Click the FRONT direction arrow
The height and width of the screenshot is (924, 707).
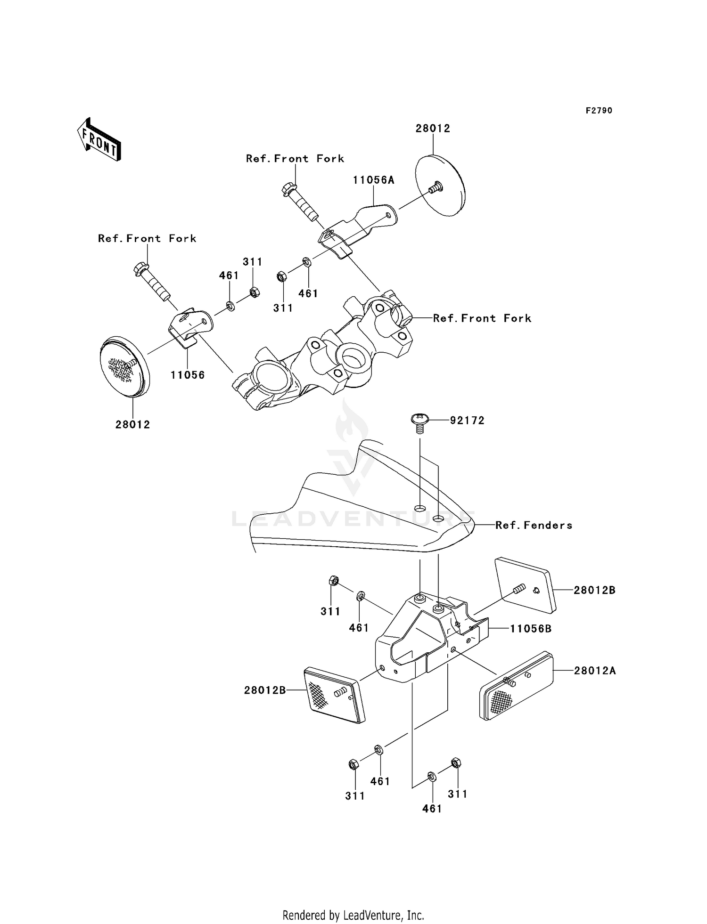99,139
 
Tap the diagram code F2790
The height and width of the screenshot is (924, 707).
599,111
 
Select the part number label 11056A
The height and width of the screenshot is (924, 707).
374,180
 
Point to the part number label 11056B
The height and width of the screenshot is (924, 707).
531,629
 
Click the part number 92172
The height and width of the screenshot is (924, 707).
467,420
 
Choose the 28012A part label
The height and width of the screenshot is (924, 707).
595,671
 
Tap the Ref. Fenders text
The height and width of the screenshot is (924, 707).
534,525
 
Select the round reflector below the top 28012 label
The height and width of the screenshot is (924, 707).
440,186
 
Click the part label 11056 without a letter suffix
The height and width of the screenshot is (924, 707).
188,375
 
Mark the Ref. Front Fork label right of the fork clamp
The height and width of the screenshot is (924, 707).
482,318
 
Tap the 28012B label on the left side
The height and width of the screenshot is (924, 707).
265,690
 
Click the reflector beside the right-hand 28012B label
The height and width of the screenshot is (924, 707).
525,585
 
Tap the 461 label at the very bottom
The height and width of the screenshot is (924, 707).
432,809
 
